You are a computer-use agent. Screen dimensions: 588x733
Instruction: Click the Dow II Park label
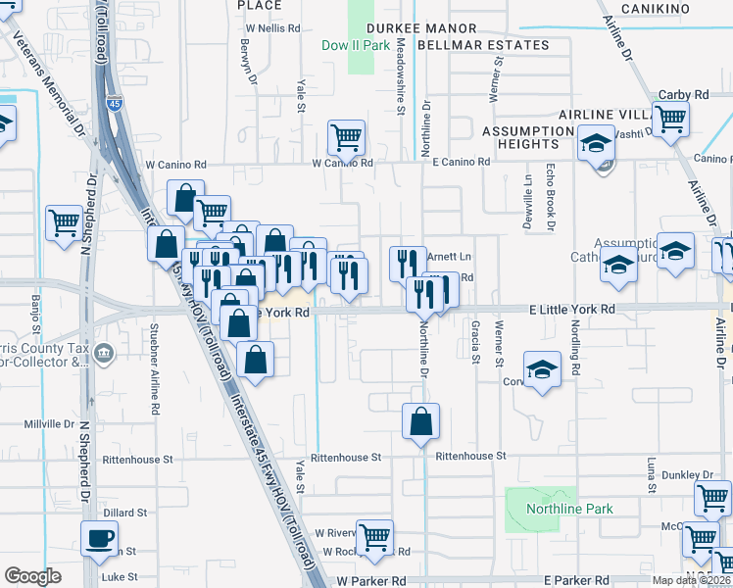click(355, 45)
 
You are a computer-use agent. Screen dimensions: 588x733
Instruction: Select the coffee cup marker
click(99, 538)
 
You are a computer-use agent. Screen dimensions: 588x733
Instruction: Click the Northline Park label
click(569, 509)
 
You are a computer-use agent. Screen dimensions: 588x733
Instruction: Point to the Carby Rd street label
click(683, 94)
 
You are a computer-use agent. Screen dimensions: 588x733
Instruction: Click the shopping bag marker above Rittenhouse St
click(420, 422)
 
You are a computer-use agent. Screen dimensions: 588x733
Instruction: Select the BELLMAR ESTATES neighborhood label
click(483, 45)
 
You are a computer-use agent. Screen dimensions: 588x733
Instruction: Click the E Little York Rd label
click(571, 309)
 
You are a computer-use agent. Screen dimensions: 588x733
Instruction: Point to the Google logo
click(32, 576)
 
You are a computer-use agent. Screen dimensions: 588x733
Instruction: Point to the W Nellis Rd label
click(271, 28)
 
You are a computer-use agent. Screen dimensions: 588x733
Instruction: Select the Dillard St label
click(124, 513)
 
